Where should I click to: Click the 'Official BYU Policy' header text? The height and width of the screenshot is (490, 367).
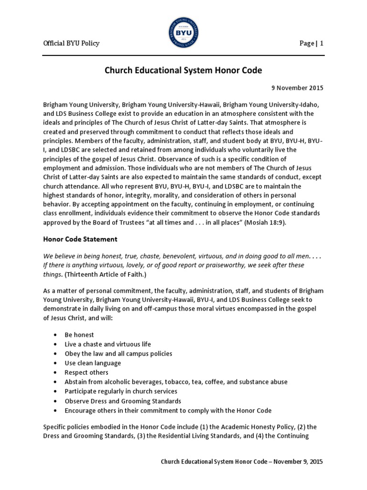pos(71,44)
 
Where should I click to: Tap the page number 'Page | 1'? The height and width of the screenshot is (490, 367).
pos(311,44)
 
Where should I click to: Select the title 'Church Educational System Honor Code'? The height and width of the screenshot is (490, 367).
pos(183,70)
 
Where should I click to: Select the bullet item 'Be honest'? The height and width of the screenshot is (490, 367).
pos(79,335)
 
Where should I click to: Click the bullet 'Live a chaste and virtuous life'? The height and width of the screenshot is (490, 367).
pos(108,344)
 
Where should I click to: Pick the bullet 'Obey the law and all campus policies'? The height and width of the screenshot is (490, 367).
pos(118,354)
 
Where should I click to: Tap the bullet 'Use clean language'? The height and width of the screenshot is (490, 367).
pos(93,363)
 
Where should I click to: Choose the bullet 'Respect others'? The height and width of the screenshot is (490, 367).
pos(86,372)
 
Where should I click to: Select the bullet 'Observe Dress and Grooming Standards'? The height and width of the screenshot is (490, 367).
pos(123,401)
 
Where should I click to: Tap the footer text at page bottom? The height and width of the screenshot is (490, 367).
pos(241,462)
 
